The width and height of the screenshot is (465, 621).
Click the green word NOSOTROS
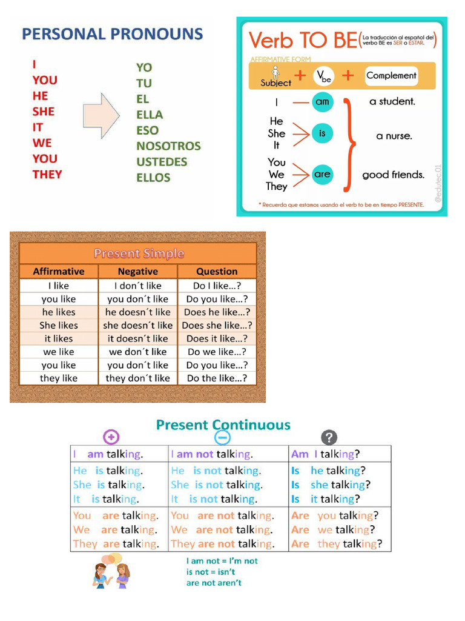point(168,146)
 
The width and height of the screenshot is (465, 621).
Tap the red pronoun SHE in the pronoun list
point(44,112)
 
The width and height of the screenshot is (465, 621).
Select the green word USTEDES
point(162,162)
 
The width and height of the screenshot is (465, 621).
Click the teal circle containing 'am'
point(322,102)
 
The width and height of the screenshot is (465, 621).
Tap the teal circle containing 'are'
point(322,175)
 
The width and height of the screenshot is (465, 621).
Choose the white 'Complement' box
point(391,76)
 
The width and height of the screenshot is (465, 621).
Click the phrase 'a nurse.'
point(394,136)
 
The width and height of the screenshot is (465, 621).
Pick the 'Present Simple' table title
point(139,253)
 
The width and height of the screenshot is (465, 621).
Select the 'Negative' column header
point(137,272)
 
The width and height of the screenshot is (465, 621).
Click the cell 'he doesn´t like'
point(137,312)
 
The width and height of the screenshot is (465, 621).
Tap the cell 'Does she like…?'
point(217,325)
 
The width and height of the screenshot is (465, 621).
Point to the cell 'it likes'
point(59,338)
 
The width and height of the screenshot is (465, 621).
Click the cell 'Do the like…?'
point(217,378)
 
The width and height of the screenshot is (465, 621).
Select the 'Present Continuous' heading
point(223,425)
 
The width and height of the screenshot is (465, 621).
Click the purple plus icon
point(111,437)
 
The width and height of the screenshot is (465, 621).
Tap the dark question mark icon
point(328,437)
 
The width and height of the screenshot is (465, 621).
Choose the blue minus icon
point(222,438)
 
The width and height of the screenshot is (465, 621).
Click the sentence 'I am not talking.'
point(212,454)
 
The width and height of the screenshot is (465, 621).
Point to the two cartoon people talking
point(111,572)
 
